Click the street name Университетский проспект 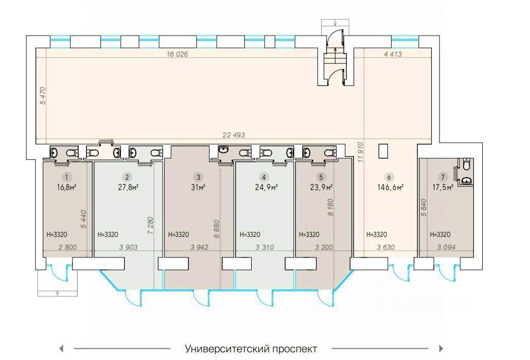pos(251,349)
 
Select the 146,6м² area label pos(391,187)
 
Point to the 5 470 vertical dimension pos(43,96)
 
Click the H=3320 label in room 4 pos(251,234)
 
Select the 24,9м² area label pos(267,187)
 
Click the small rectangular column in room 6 pos(383,151)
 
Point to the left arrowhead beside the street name pos(61,348)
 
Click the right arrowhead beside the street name pos(441,348)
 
